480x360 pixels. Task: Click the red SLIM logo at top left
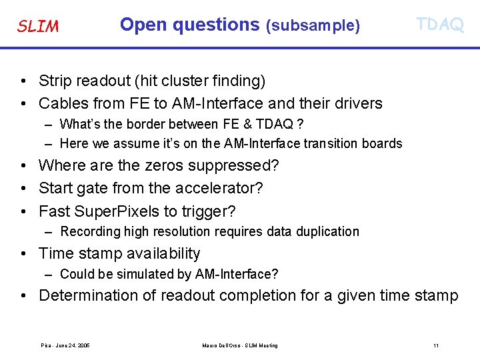(38, 27)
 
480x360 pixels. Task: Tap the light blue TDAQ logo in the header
(439, 25)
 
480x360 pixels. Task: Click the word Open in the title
(140, 25)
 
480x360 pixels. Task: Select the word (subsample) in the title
(313, 26)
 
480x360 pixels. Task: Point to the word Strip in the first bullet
(54, 81)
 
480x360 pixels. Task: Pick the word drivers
(359, 103)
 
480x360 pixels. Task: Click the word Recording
(89, 232)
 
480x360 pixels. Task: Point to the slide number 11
(435, 345)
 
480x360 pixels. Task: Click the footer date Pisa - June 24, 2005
(65, 345)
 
